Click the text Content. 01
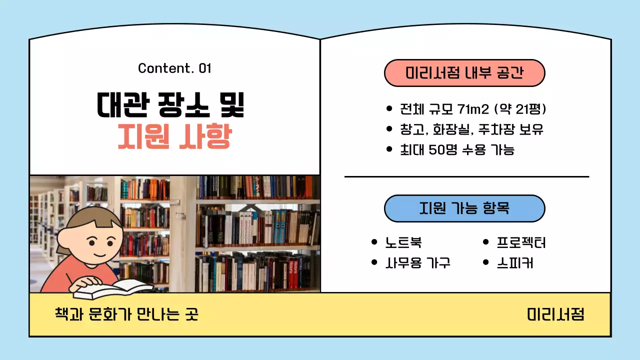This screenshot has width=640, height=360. pos(174,68)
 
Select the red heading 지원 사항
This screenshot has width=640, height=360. pos(174,136)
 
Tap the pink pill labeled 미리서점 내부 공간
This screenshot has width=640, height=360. pos(464,73)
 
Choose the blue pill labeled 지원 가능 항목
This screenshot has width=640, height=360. pos(464,208)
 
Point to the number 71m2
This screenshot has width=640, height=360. pos(473,109)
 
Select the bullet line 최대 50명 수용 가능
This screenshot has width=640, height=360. pos(457,149)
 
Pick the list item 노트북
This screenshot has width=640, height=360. pos(403,243)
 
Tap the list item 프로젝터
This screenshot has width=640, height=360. pos(521,243)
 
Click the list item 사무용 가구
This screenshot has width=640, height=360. pos(418,262)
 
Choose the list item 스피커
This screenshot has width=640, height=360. pos(514,262)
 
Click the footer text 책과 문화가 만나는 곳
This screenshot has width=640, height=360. pos(126,314)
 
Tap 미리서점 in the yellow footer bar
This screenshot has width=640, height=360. pos(555,314)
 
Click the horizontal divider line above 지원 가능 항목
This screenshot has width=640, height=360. pos(466,176)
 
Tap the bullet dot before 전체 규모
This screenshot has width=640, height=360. pos(389,109)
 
